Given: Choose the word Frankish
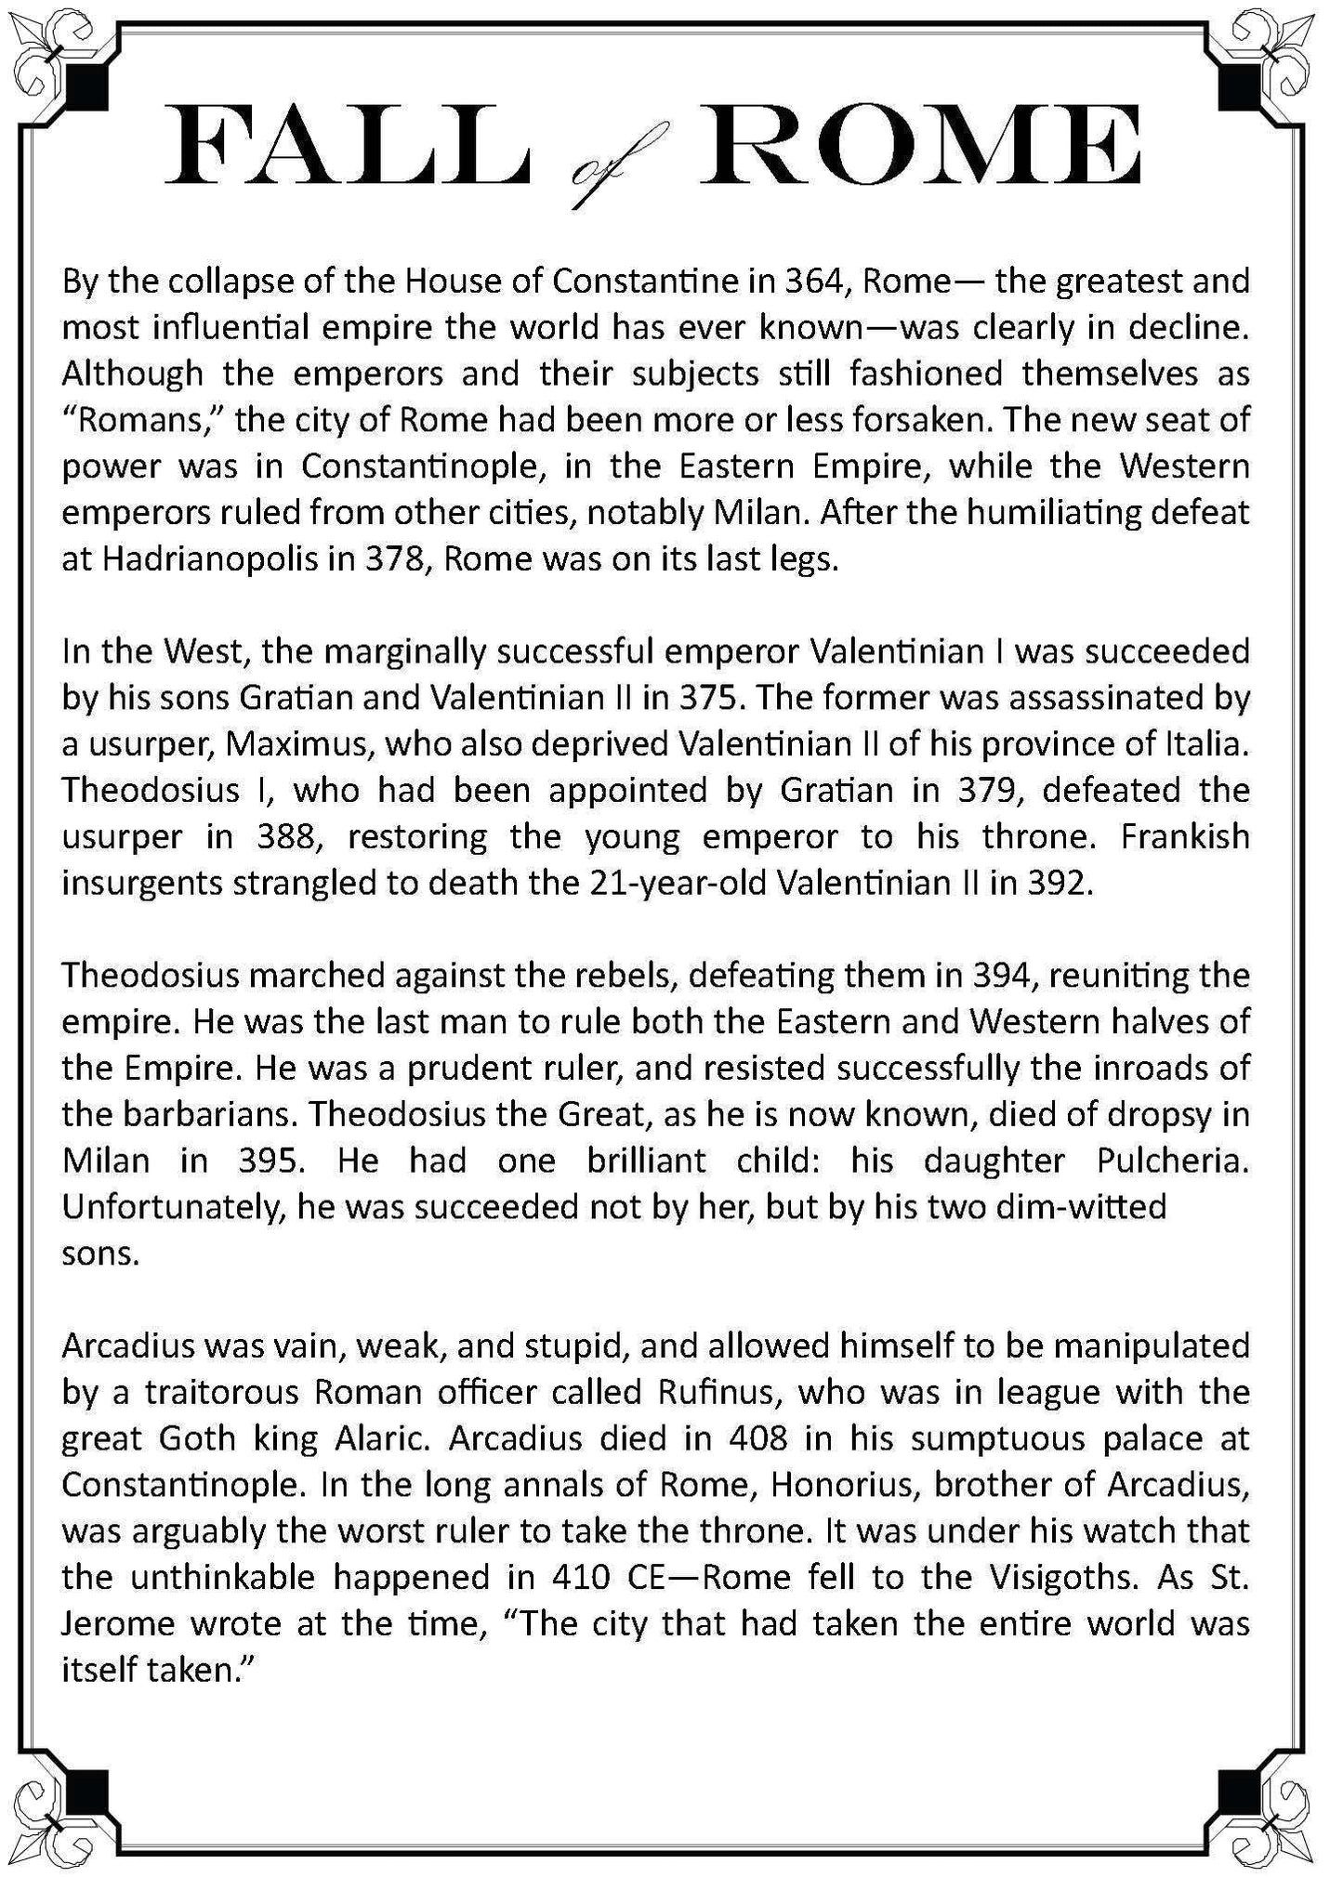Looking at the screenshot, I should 1185,836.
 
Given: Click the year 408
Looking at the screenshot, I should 758,1437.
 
